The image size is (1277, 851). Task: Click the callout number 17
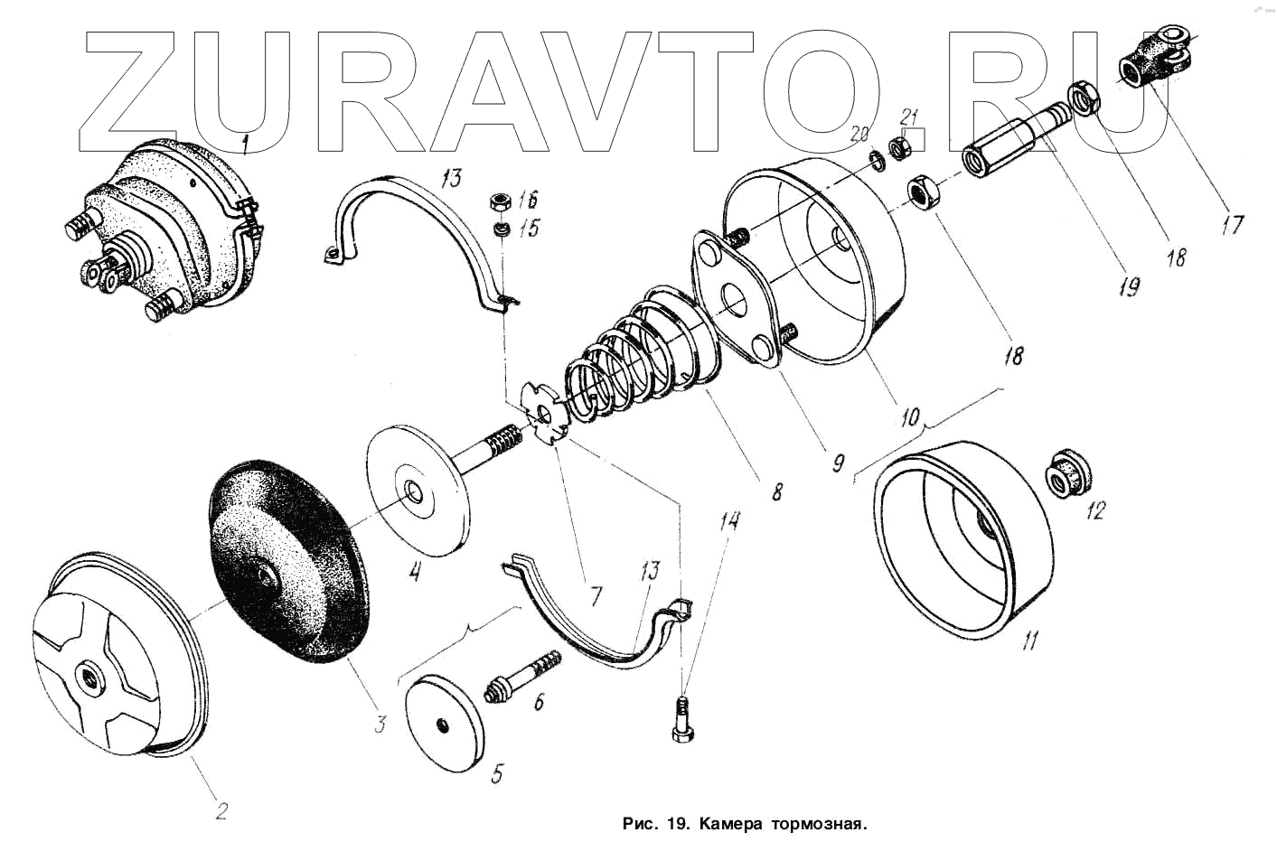pos(1233,223)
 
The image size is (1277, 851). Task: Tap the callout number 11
pos(1029,641)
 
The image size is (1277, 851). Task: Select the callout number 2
pos(220,809)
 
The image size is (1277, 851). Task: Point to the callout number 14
pos(728,521)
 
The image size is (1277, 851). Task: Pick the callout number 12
pos(1094,511)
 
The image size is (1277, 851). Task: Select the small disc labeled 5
pos(442,724)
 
